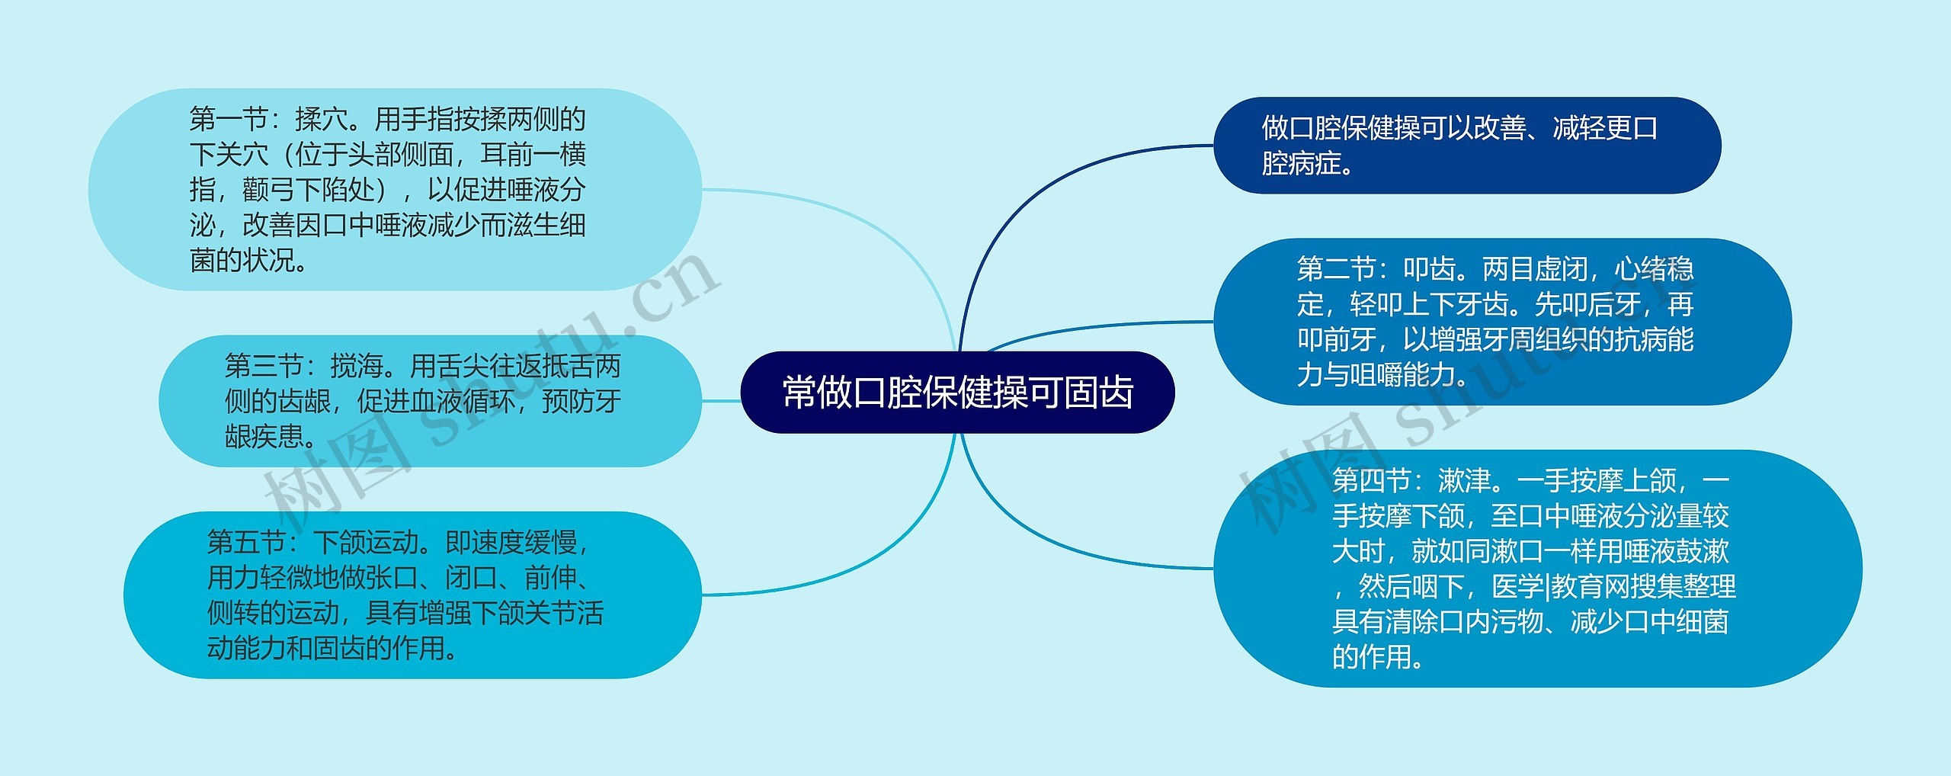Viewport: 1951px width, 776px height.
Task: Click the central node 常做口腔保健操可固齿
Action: pos(957,393)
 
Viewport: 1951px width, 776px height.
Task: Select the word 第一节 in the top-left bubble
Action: pos(228,120)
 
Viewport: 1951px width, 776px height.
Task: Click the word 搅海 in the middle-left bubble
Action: pos(357,367)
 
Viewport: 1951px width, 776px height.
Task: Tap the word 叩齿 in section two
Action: pos(1430,269)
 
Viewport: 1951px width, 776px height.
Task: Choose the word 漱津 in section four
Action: pos(1464,480)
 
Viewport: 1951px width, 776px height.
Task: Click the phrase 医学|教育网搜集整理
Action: pos(1613,586)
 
